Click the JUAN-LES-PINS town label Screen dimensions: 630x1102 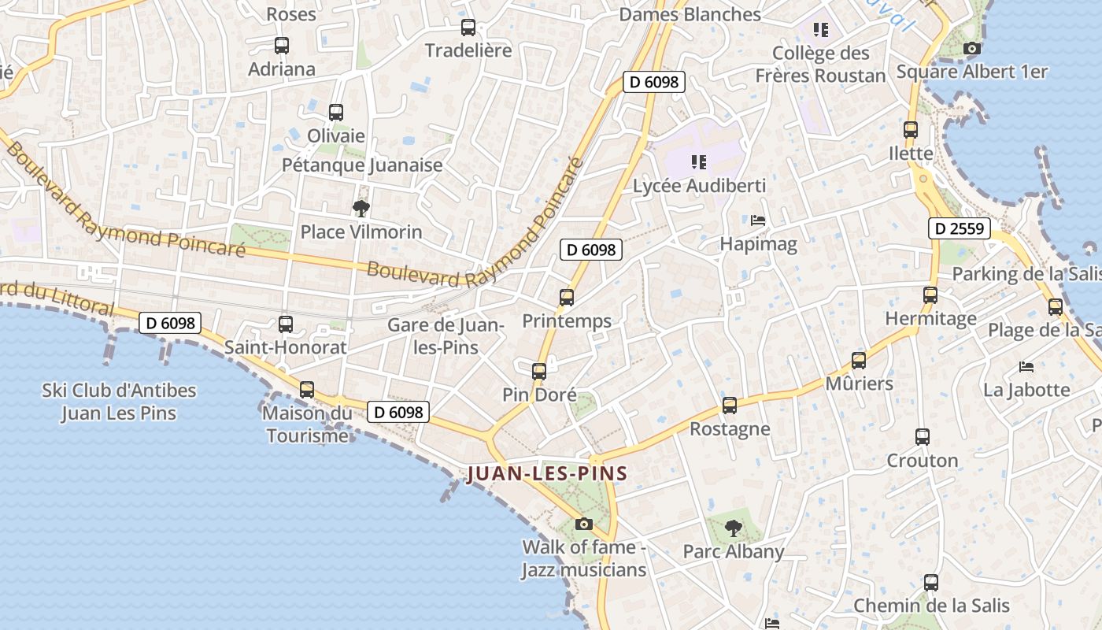pos(547,474)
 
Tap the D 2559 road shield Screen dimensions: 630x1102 pos(958,228)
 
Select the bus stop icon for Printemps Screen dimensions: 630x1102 pos(567,298)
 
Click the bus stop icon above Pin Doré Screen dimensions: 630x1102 pos(539,371)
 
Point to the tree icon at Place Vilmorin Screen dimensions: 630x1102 pos(361,209)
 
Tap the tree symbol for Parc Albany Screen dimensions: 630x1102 pos(734,528)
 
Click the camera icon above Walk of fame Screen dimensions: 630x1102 pos(583,524)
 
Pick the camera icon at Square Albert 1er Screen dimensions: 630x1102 pos(972,48)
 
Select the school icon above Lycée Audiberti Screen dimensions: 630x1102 pos(698,162)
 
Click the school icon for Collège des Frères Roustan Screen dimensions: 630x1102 pos(821,30)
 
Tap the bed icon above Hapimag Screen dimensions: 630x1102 pos(758,220)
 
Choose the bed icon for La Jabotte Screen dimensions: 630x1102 pos(1026,366)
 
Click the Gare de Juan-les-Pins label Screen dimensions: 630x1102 pos(446,335)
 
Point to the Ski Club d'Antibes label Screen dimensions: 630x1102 pos(119,402)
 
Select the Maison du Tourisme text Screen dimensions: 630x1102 pos(307,424)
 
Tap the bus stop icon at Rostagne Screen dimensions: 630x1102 pos(730,406)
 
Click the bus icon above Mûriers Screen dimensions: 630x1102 pos(859,361)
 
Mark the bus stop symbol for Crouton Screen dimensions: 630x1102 pos(923,436)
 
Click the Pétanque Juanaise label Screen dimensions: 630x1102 pos(362,165)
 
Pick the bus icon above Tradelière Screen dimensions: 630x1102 pos(468,28)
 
